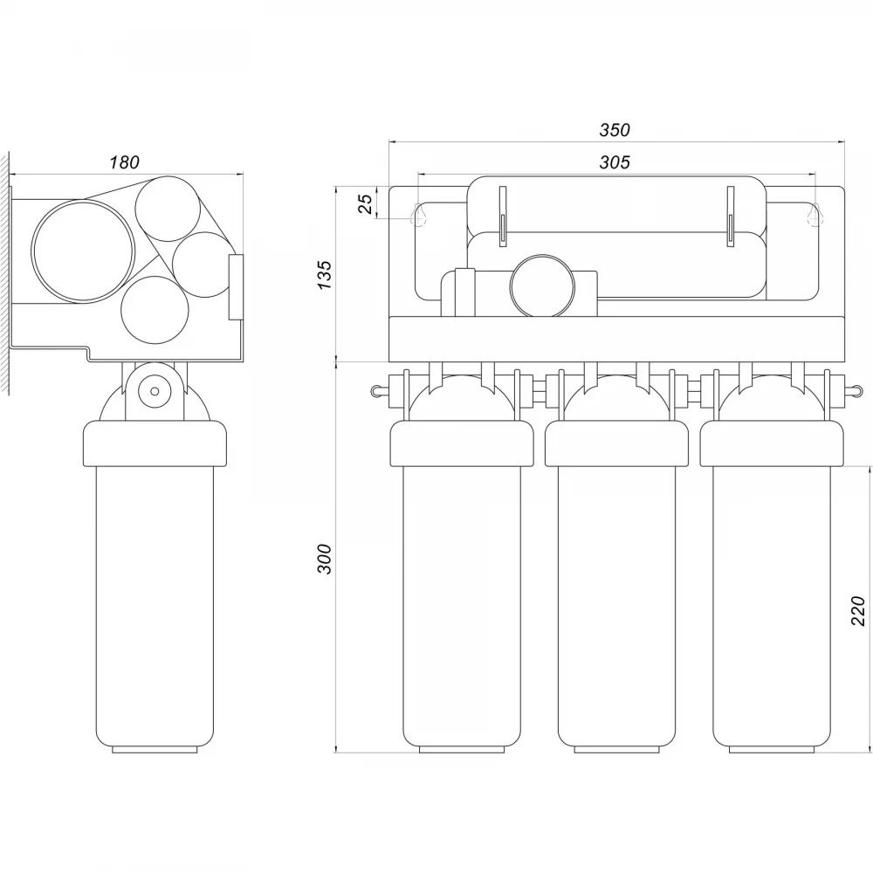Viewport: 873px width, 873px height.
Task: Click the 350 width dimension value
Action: click(615, 130)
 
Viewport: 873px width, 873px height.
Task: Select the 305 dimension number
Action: click(615, 162)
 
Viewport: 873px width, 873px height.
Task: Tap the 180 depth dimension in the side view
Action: click(124, 162)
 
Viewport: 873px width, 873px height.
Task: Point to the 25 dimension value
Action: click(365, 204)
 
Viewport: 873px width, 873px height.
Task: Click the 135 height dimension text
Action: click(324, 274)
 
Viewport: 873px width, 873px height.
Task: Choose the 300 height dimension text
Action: click(324, 559)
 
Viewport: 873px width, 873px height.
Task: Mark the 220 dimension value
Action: click(858, 611)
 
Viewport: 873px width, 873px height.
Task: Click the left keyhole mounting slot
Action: click(419, 215)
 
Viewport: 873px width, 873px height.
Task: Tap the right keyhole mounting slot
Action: click(815, 215)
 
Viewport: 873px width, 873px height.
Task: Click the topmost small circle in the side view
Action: click(168, 209)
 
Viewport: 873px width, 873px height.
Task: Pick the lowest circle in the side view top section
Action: click(155, 310)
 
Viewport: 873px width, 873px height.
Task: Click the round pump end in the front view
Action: click(542, 286)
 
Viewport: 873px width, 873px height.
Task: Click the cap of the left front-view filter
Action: click(462, 443)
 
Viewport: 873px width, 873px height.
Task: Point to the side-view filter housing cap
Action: click(155, 443)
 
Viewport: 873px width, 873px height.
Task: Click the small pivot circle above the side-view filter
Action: click(155, 391)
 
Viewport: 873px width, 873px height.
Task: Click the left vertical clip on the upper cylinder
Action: click(503, 216)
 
